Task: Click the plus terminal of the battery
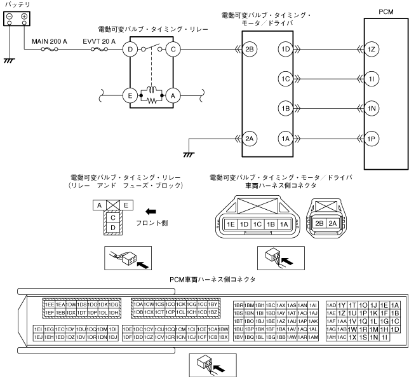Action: tap(23, 17)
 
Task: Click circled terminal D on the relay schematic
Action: tap(131, 49)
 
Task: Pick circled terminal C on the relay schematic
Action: tap(171, 49)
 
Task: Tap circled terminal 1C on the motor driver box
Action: tap(285, 79)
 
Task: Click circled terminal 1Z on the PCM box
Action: tap(373, 49)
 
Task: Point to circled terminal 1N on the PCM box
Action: tap(373, 108)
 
